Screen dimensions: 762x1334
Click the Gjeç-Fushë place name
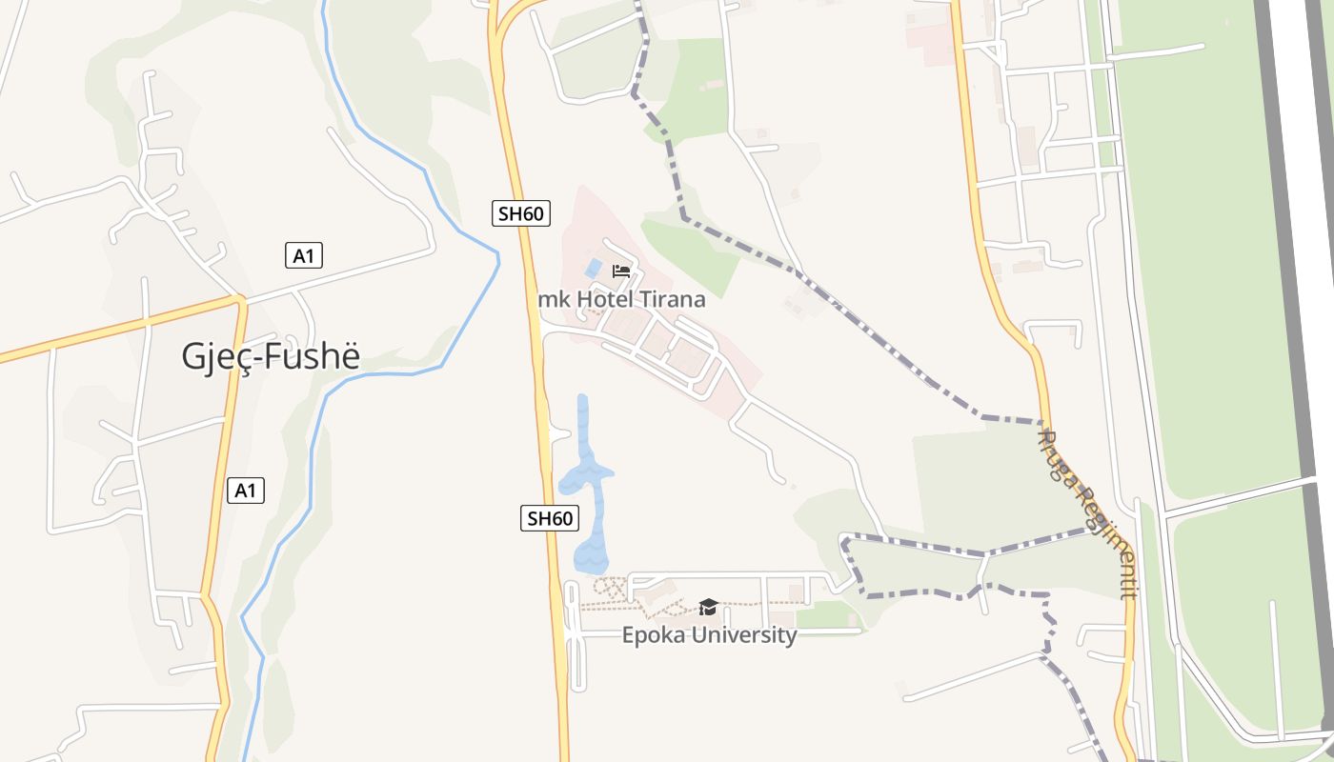[272, 356]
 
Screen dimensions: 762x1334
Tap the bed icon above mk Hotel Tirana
[621, 271]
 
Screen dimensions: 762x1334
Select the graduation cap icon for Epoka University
[708, 607]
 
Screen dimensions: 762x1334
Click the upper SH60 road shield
[521, 213]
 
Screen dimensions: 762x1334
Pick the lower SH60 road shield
[551, 518]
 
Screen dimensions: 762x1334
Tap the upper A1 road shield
[304, 255]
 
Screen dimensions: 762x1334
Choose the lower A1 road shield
[246, 491]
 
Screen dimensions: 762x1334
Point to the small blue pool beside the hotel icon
[593, 269]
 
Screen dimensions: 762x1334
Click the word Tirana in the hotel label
[673, 299]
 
